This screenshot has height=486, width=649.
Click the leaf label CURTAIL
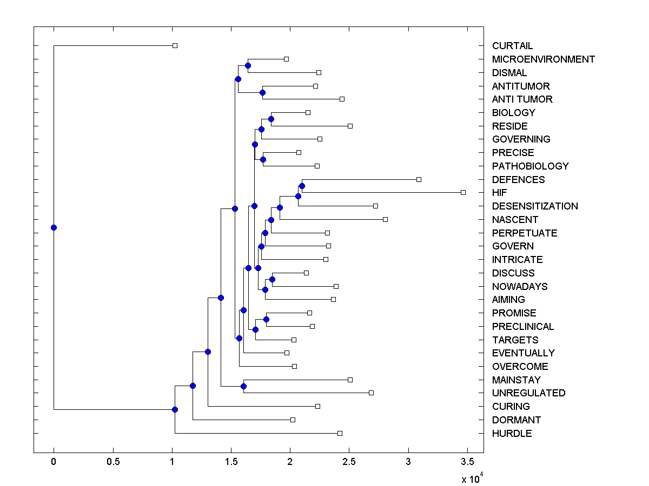coord(512,46)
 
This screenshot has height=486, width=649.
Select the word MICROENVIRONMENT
coord(543,59)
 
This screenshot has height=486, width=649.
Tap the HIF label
coord(499,192)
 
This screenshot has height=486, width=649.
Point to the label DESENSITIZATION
coord(535,206)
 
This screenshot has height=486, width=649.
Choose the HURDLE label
coord(512,434)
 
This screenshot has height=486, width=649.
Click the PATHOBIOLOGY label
coord(530,166)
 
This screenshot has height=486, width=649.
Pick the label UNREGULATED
coord(528,393)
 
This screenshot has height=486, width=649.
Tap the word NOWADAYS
coord(519,287)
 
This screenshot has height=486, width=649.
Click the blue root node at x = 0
coord(54,227)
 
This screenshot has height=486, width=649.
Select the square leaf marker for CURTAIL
coord(175,45)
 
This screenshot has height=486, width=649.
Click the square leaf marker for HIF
coord(463,192)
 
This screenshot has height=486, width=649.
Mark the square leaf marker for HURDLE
coord(340,433)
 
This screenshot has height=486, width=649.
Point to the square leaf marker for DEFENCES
coord(419,179)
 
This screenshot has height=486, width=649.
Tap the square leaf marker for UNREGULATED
coord(371,393)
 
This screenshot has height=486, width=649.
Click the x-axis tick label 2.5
coord(349,462)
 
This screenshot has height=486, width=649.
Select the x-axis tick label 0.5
coord(112,462)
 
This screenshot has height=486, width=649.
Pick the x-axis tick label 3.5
coord(467,462)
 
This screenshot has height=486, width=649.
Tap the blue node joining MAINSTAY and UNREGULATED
coord(243,386)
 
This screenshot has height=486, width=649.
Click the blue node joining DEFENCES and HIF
coord(302,186)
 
